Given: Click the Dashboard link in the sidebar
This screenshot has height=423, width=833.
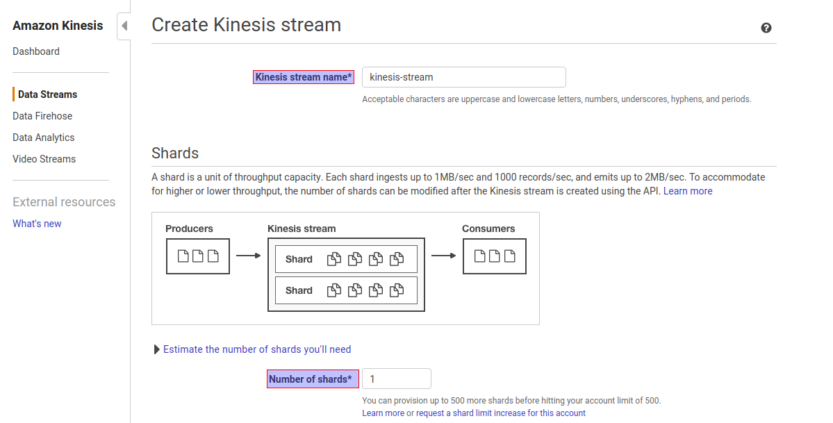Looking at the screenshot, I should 36,51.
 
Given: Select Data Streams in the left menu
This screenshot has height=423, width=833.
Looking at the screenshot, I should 47,94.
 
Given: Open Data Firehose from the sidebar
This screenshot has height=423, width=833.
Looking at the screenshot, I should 42,116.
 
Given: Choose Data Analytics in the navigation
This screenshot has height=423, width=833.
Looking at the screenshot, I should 43,138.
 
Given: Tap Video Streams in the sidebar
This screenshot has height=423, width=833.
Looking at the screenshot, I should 44,159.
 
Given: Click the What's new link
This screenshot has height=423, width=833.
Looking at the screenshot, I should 37,224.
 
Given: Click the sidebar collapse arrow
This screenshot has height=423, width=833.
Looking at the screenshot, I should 124,26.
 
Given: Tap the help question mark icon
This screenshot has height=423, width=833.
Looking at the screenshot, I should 766,28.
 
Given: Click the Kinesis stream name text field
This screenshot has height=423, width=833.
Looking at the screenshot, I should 463,77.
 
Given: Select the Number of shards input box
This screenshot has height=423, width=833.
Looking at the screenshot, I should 396,379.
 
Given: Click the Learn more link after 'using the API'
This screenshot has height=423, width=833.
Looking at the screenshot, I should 688,191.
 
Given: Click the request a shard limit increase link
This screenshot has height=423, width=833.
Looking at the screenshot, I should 501,413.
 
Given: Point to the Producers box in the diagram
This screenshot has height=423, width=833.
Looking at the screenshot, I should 198,256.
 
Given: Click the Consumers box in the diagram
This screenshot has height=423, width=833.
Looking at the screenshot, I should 494,256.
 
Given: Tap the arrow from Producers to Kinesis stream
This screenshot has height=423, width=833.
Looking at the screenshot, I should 248,256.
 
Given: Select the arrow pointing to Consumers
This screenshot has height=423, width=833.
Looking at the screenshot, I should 443,256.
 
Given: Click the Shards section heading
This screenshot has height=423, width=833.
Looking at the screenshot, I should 175,154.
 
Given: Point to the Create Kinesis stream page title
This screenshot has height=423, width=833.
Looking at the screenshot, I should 246,25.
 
